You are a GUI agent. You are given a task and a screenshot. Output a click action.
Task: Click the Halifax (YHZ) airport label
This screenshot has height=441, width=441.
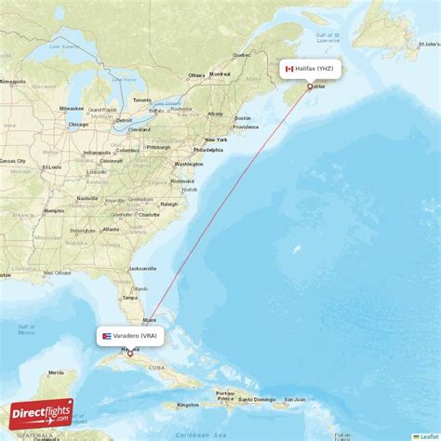coord(315,68)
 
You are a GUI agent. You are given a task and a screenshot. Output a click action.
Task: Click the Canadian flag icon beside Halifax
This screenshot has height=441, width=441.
coord(289,68)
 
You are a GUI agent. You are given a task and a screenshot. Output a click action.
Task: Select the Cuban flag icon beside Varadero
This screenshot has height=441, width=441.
coord(107,335)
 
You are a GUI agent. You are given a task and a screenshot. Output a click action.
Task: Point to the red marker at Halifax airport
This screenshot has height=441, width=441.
coord(310,87)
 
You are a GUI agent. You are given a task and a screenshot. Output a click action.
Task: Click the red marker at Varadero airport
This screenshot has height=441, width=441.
coord(130,354)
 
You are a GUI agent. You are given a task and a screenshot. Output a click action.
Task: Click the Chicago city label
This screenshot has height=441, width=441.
coord(77,124)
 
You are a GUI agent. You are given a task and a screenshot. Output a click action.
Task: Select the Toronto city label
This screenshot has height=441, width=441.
coord(142,100)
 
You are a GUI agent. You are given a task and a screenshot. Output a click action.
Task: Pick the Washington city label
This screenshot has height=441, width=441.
coord(188,164)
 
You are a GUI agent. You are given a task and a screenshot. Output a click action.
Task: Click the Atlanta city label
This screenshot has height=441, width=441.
coord(111,228)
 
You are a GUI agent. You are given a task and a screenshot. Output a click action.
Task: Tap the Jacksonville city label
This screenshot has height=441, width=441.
coord(143,268)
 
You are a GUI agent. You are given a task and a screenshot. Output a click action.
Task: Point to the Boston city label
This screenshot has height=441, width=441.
coord(243,118)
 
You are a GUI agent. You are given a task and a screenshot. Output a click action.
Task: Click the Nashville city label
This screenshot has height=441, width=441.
coord(87,198)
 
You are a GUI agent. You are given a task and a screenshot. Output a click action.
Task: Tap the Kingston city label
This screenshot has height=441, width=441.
coord(189,405)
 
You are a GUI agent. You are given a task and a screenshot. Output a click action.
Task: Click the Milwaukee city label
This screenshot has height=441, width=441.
coord(73,109)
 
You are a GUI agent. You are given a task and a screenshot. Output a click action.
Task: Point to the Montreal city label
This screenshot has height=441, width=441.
coord(220,73)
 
